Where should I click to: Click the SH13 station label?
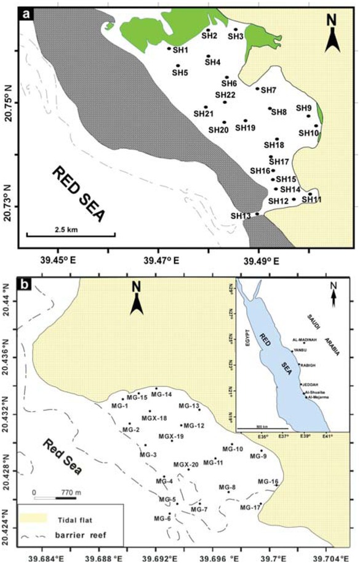pyautogui.click(x=241, y=216)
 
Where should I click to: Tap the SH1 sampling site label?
pyautogui.click(x=180, y=49)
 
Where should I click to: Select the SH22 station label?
pyautogui.click(x=225, y=95)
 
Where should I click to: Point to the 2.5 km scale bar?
pyautogui.click(x=70, y=234)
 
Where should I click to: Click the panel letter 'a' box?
pyautogui.click(x=26, y=12)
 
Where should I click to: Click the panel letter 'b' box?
pyautogui.click(x=26, y=285)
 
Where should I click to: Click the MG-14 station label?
pyautogui.click(x=161, y=394)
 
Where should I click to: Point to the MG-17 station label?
pyautogui.click(x=250, y=508)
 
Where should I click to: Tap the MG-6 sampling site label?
pyautogui.click(x=161, y=519)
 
